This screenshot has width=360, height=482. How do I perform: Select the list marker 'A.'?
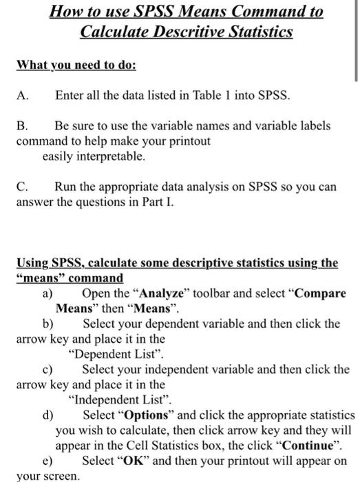click(23, 96)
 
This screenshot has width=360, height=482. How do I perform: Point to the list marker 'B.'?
click(22, 127)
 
